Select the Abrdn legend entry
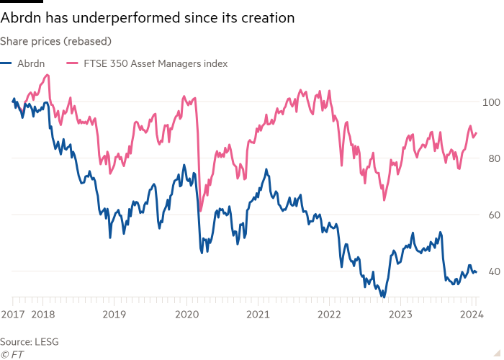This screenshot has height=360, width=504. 19,63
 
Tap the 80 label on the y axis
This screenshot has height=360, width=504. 491,158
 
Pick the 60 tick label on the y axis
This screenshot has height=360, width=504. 491,215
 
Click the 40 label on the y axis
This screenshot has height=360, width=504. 491,271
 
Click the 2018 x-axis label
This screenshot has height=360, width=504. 44,315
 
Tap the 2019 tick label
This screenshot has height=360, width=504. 115,315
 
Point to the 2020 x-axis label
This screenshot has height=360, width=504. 186,315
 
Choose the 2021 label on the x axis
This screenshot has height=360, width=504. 258,315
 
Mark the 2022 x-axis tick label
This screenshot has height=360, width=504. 329,315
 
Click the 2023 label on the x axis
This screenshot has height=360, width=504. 400,315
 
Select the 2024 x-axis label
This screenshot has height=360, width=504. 471,315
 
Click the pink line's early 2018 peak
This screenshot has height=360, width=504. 47,75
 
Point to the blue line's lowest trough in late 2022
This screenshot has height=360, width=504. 384,296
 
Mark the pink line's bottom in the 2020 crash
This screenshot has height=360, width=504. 200,210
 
